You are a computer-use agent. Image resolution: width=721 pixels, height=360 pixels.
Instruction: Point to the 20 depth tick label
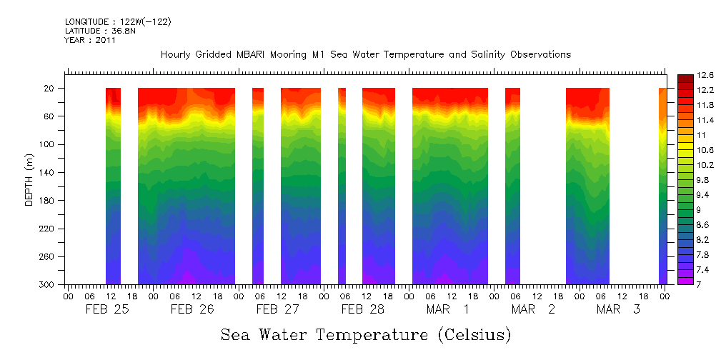pyautogui.click(x=50, y=88)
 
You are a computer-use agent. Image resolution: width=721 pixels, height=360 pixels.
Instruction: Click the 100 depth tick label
pyautogui.click(x=48, y=144)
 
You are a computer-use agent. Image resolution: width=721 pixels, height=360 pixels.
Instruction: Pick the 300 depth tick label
pyautogui.click(x=48, y=284)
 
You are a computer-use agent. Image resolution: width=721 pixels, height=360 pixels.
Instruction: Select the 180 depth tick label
pyautogui.click(x=48, y=201)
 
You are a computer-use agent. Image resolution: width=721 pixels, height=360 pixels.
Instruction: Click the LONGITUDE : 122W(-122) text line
pyautogui.click(x=118, y=22)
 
